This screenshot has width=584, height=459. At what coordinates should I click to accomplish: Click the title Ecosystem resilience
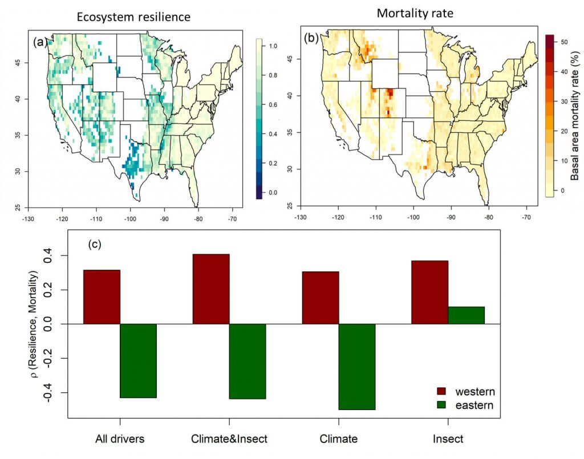[133, 18]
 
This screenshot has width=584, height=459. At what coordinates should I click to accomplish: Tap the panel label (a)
[40, 42]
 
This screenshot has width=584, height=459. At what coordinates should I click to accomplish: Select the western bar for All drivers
[102, 296]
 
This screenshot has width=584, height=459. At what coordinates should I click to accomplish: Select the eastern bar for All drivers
[138, 360]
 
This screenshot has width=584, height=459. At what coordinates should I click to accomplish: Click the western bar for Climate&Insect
[211, 289]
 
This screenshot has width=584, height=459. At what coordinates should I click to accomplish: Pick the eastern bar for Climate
[356, 366]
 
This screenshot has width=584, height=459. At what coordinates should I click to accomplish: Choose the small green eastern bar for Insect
[466, 315]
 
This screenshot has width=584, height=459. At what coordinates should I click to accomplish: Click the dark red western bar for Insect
[429, 292]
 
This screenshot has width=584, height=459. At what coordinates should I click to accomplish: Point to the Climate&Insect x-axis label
[229, 438]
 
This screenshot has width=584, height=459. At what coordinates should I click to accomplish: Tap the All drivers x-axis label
[120, 438]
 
